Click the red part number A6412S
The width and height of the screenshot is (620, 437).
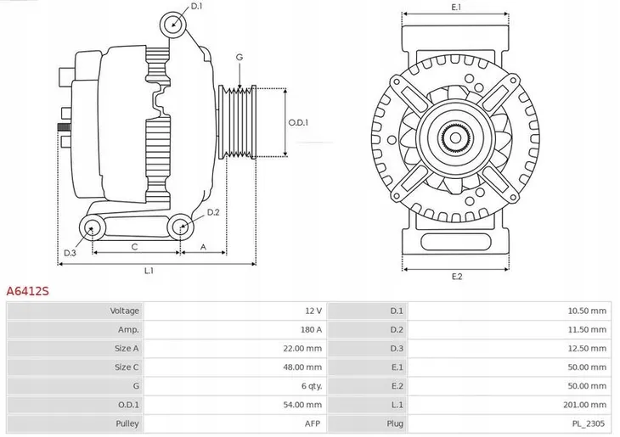(28, 290)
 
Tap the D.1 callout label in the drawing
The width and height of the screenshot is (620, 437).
(196, 7)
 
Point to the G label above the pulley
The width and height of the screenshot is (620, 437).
(240, 57)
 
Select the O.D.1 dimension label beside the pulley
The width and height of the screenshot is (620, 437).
(298, 122)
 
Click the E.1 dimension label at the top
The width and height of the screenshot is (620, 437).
(456, 7)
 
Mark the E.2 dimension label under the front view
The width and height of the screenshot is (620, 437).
(456, 277)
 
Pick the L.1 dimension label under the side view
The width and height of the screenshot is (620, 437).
(149, 271)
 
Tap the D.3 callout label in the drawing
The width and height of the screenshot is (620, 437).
(70, 253)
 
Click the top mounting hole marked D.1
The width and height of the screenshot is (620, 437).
(174, 23)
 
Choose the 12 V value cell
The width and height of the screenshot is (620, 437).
(313, 311)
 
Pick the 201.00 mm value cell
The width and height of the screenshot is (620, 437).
(587, 404)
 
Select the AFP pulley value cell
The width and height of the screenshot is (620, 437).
(313, 423)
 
